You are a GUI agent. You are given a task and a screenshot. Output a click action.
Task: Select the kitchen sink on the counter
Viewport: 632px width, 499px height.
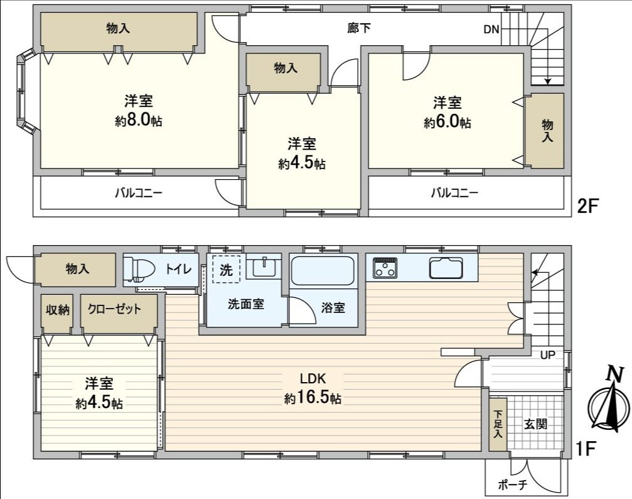point(447,268)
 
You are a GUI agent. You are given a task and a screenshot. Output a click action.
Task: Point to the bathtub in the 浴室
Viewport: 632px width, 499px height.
point(323,271)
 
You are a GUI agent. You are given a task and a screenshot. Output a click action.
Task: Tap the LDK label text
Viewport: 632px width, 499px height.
point(312,379)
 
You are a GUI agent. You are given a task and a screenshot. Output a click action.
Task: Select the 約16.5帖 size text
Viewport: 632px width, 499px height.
point(312,398)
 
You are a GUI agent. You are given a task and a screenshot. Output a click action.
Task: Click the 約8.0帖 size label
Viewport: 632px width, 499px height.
point(138,121)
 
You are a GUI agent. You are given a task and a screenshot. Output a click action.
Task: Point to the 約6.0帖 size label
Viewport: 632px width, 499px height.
point(447,122)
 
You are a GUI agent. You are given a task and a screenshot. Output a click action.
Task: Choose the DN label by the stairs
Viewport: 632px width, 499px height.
point(491,30)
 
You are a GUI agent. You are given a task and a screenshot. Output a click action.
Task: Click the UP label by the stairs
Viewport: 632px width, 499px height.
point(548,355)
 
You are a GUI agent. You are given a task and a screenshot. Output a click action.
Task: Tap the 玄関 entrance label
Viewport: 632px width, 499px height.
point(535,424)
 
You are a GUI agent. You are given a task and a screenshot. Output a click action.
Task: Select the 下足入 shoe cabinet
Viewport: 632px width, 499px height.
point(498,424)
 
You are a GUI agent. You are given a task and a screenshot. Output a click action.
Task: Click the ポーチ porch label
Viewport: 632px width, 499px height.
point(512,485)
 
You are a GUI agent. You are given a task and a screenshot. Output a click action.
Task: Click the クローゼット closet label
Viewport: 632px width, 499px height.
point(114,309)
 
